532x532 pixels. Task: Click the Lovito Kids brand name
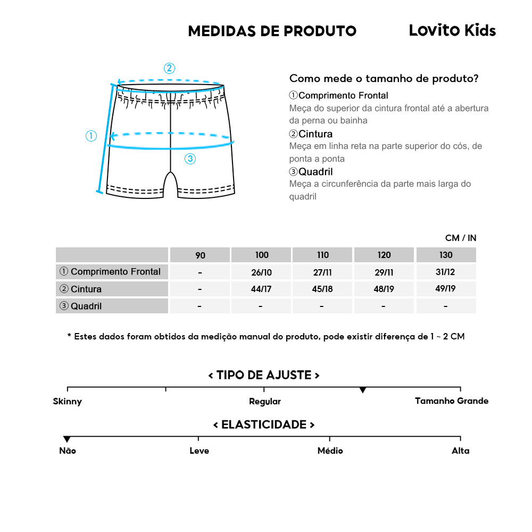click(x=452, y=30)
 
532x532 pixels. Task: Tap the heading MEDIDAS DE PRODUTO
click(x=272, y=31)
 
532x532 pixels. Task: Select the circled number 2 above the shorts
click(x=169, y=68)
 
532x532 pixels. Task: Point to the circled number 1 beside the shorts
click(x=92, y=136)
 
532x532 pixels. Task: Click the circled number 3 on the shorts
click(x=190, y=158)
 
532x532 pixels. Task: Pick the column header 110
click(x=322, y=255)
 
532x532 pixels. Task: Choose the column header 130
click(x=446, y=255)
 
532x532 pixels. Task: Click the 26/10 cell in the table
click(x=261, y=272)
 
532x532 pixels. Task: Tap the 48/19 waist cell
click(x=384, y=289)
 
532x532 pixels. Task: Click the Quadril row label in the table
click(x=81, y=306)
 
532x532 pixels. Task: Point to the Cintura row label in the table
click(x=81, y=289)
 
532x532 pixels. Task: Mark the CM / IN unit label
click(x=461, y=238)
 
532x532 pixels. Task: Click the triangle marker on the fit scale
click(x=362, y=390)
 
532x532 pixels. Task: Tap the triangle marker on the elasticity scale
click(x=67, y=439)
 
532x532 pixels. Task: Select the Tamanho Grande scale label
click(x=451, y=401)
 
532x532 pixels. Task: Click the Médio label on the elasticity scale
click(x=330, y=451)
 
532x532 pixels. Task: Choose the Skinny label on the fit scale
click(x=68, y=401)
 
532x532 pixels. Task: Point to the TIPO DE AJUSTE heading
click(x=264, y=375)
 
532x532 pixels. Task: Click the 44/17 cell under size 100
click(x=261, y=289)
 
